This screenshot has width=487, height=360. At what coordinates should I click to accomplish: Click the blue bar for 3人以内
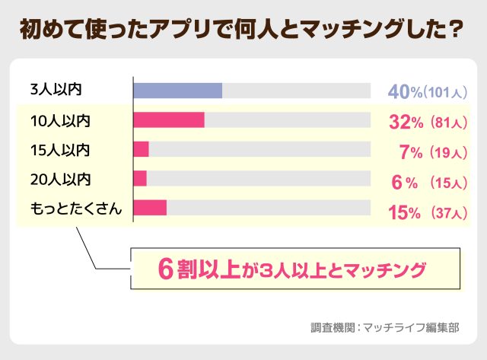click(177, 91)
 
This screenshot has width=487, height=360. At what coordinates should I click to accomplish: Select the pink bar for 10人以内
click(169, 120)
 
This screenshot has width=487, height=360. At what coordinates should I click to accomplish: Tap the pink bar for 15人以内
click(141, 149)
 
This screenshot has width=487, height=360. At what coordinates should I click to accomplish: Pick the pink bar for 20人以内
click(140, 178)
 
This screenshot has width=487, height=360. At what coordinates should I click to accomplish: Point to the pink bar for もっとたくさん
click(150, 207)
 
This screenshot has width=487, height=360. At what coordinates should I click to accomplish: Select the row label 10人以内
click(61, 120)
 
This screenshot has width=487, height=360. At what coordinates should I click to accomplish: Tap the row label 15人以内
click(61, 149)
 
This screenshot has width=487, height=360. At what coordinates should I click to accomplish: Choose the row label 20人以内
click(61, 179)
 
